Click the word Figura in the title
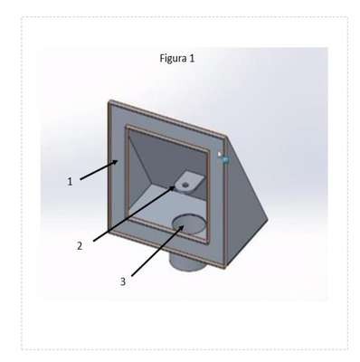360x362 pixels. (x=173, y=58)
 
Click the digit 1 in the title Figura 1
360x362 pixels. (x=192, y=58)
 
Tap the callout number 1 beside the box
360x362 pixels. (x=70, y=182)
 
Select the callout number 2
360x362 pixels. (x=80, y=246)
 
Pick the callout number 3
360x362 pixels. (x=123, y=281)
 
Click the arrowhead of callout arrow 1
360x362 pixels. (x=115, y=162)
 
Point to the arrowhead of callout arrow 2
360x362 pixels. (x=172, y=188)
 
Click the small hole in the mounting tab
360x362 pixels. (x=185, y=184)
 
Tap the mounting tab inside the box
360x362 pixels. (x=189, y=181)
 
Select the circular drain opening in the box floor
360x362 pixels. (x=189, y=224)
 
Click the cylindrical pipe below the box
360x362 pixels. (x=187, y=262)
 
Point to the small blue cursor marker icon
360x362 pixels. (x=224, y=159)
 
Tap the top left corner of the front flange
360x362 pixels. (x=109, y=101)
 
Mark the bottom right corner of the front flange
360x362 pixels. (x=225, y=267)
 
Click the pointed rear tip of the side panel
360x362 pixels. (x=268, y=220)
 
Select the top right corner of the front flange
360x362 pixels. (x=225, y=138)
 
